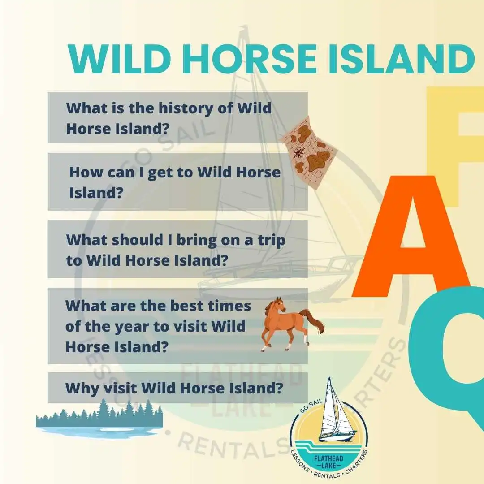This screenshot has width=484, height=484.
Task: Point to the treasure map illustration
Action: pyautogui.click(x=309, y=151)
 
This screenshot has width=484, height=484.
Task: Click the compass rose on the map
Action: pyautogui.click(x=299, y=152)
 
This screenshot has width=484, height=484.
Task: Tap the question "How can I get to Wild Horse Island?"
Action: pyautogui.click(x=175, y=182)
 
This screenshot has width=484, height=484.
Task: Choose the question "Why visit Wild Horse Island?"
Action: pyautogui.click(x=174, y=388)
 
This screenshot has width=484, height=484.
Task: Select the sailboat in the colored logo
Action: pyautogui.click(x=335, y=410)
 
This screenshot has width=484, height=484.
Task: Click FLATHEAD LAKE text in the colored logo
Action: pyautogui.click(x=329, y=462)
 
